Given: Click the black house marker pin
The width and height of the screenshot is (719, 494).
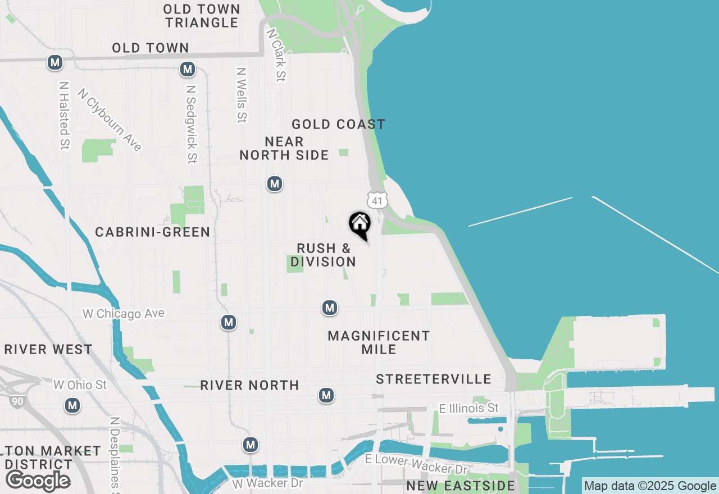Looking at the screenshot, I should tap(359, 225).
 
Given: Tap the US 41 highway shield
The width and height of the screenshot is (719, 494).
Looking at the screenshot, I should tap(376, 200).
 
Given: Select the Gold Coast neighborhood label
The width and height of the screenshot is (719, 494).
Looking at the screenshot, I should tap(338, 124).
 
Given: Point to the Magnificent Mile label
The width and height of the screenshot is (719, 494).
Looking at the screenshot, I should tap(379, 342).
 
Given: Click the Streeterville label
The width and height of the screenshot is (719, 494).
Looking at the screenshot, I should tap(434, 379).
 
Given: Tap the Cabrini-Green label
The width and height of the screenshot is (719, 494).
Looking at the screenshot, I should tap(152, 232).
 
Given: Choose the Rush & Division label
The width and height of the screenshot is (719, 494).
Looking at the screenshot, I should tap(324, 255).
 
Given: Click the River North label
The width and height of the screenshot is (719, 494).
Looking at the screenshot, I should tap(249, 385).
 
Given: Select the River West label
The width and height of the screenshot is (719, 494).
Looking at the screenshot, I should tap(48, 349).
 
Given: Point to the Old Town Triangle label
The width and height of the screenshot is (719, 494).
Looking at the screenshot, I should tap(202, 16).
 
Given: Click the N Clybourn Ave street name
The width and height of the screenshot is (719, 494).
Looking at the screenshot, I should tap(110, 120).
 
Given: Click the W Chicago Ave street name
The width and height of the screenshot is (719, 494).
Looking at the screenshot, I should tap(124, 313).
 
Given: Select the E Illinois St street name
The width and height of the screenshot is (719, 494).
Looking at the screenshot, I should tap(470, 408).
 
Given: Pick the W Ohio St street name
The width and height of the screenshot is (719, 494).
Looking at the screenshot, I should tap(80, 385).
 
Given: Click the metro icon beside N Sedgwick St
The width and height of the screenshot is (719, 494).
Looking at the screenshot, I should tap(187, 70).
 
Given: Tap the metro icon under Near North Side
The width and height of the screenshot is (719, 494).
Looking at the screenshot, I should tap(274, 184).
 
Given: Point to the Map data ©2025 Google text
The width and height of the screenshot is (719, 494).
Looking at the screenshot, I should tap(650, 486).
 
